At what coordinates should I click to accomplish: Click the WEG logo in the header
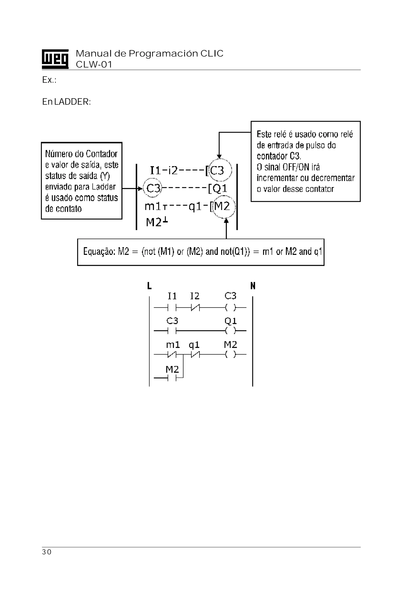pyautogui.click(x=55, y=59)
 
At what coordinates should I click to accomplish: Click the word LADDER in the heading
pyautogui.click(x=72, y=102)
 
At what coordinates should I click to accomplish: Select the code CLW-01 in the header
pyautogui.click(x=94, y=64)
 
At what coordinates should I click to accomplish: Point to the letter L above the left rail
pyautogui.click(x=149, y=286)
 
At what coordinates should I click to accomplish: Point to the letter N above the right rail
pyautogui.click(x=253, y=286)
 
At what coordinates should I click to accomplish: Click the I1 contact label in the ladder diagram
pyautogui.click(x=172, y=296)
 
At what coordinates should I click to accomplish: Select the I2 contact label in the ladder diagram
pyautogui.click(x=195, y=296)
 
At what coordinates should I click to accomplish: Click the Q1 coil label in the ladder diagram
pyautogui.click(x=231, y=321)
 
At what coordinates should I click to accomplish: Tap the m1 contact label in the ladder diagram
pyautogui.click(x=173, y=345)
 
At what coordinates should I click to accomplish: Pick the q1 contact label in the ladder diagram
pyautogui.click(x=194, y=345)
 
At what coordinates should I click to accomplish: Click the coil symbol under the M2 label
pyautogui.click(x=231, y=355)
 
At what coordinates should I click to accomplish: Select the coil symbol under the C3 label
pyautogui.click(x=231, y=307)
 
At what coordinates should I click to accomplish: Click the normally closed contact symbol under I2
pyautogui.click(x=195, y=307)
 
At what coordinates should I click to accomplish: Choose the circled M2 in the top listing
pyautogui.click(x=222, y=206)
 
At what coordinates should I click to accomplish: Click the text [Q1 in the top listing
pyautogui.click(x=218, y=189)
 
